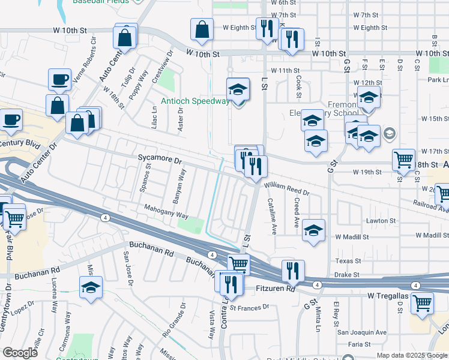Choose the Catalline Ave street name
tap(272, 216)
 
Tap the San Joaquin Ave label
tap(361, 332)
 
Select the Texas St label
tap(348, 261)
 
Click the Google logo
tap(20, 353)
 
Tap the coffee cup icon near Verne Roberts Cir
tap(59, 80)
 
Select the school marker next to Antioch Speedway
tap(238, 89)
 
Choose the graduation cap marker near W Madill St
tap(313, 230)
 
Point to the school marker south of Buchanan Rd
tap(91, 287)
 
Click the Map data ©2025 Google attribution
tap(411, 355)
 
